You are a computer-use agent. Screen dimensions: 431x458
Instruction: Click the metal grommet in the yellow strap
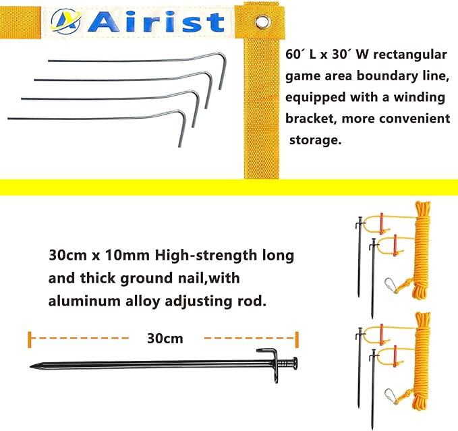[262, 25]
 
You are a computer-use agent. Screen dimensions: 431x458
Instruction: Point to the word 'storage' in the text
[316, 140]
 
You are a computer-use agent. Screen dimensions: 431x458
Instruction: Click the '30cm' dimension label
[165, 337]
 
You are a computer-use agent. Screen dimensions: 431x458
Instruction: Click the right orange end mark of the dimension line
[295, 337]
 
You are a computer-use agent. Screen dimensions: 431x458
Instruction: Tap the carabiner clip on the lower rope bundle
[391, 397]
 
